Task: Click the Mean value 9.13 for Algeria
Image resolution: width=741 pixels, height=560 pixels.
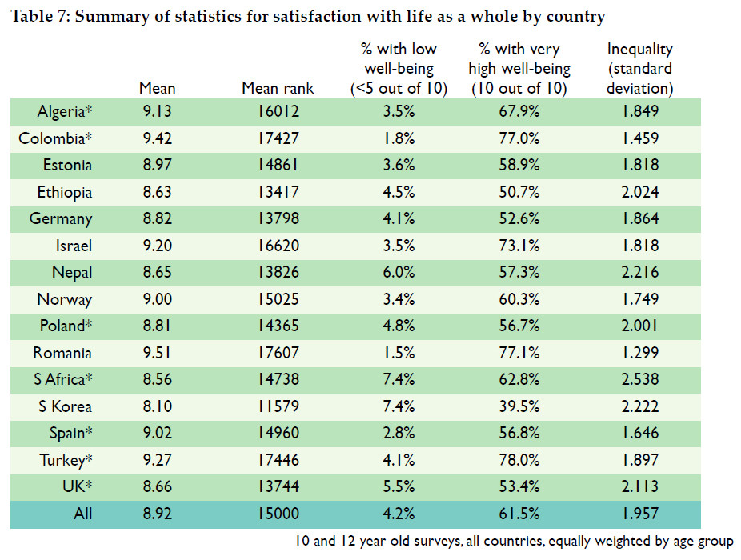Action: click(x=157, y=111)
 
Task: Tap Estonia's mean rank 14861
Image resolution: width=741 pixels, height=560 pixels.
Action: click(x=278, y=166)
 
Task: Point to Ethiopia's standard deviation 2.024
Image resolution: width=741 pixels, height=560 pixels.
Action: click(x=639, y=192)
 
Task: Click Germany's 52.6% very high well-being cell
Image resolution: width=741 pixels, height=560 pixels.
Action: click(x=519, y=218)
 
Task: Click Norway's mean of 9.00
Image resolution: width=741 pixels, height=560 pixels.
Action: click(x=157, y=299)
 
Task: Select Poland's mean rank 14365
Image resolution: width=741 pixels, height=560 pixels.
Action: click(x=278, y=326)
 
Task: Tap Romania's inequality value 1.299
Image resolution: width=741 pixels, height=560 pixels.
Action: click(x=639, y=353)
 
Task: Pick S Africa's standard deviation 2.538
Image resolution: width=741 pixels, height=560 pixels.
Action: click(x=639, y=380)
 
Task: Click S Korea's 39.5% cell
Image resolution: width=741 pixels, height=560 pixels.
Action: click(x=519, y=406)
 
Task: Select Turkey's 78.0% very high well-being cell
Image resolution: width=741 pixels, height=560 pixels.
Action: click(x=519, y=460)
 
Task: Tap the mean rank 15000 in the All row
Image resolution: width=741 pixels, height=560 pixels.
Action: click(x=278, y=514)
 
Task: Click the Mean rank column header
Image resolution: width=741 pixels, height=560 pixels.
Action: click(x=278, y=88)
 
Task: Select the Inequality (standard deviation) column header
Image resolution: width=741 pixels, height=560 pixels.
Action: click(x=639, y=69)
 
